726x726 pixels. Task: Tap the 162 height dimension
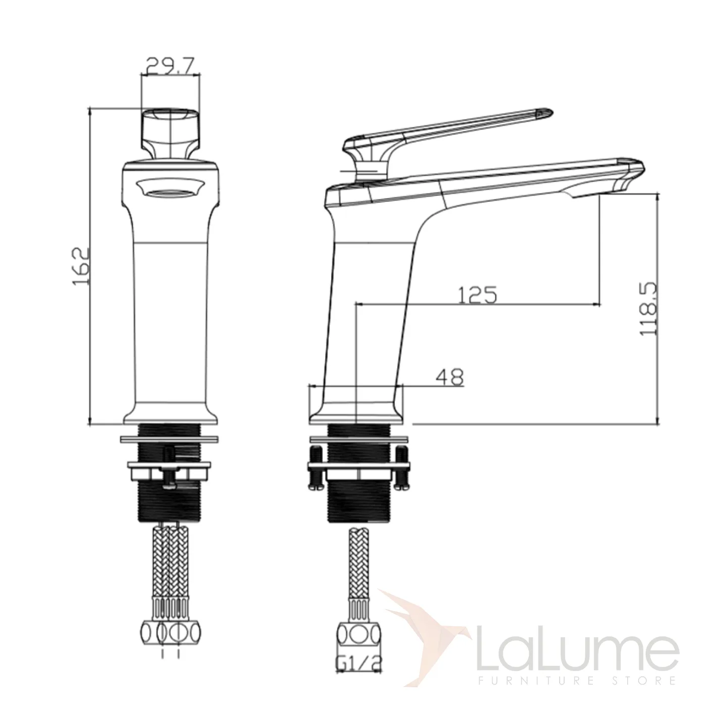(81, 266)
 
